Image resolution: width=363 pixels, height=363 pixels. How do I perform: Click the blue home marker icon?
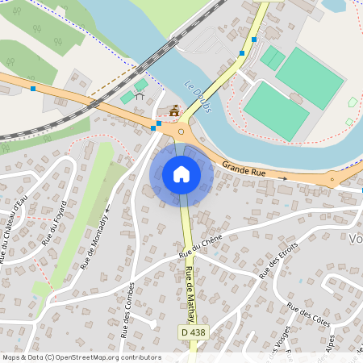tap(181, 174)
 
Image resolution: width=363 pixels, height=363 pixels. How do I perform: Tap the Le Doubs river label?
tap(196, 97)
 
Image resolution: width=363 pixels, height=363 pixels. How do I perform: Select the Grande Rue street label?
tap(244, 170)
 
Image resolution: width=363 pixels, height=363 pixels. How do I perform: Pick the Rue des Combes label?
tap(127, 309)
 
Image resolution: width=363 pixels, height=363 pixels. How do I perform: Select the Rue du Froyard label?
tap(53, 225)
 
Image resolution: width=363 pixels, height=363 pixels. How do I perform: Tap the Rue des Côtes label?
tap(309, 315)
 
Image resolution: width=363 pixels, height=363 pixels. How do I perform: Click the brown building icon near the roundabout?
tap(173, 111)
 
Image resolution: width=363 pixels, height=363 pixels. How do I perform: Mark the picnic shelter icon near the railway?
tap(140, 96)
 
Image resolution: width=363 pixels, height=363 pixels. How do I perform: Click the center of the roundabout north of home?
tap(181, 131)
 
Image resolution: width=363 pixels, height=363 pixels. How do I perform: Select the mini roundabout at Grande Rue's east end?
tap(331, 180)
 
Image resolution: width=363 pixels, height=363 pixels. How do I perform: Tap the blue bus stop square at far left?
tap(33, 89)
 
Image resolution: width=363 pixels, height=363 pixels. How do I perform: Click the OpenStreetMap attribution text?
tap(81, 357)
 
